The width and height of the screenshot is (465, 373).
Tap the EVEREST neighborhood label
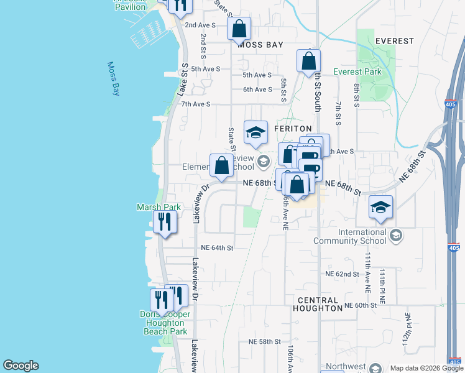coord(395,41)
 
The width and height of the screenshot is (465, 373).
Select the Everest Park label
coord(357,71)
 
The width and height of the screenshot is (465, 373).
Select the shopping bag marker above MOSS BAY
coord(239,29)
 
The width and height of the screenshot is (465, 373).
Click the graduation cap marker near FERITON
coord(256,132)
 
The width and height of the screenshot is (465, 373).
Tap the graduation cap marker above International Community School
coord(381,208)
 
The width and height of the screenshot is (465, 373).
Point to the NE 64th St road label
coord(213,247)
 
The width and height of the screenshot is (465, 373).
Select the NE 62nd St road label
coord(343,274)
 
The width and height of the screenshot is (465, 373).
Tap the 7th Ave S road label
coord(196,104)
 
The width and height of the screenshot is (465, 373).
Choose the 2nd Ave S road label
coord(200,25)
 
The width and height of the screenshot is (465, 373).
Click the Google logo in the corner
coord(21,366)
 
